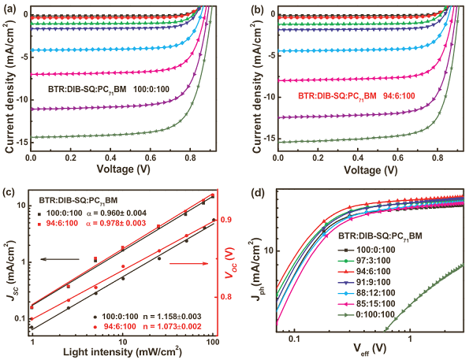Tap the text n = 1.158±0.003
click(x=158, y=314)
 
